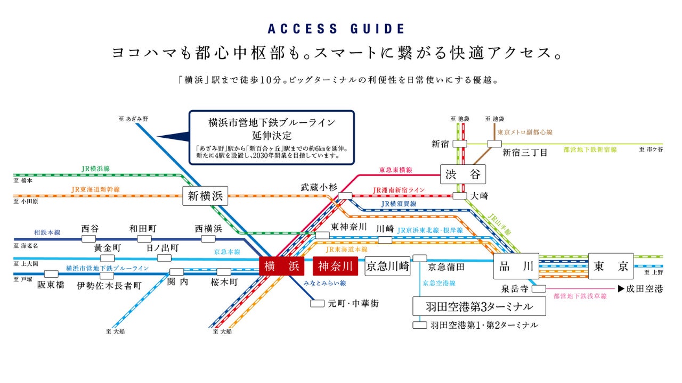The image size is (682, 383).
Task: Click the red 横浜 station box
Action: click(282, 266)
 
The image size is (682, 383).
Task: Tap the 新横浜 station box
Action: click(205, 196)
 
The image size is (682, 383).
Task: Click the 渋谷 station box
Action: click(463, 174)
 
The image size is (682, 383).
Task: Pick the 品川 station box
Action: click(516, 267)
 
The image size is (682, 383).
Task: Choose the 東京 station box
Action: click(611, 267)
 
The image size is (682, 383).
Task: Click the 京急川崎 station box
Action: click(388, 267)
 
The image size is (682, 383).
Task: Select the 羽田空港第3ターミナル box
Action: click(480, 306)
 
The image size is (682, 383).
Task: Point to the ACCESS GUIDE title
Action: click(336, 29)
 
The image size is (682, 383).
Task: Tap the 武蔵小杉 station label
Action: click(319, 187)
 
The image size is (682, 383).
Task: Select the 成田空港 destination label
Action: click(644, 289)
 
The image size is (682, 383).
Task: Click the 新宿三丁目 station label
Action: click(525, 153)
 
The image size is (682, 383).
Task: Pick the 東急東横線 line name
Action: click(395, 170)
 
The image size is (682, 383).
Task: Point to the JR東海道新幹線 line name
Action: click(95, 189)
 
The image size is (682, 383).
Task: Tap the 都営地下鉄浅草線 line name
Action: click(580, 296)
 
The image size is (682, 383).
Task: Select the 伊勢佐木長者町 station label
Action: click(109, 285)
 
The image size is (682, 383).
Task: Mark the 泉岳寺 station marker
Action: click(539, 289)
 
